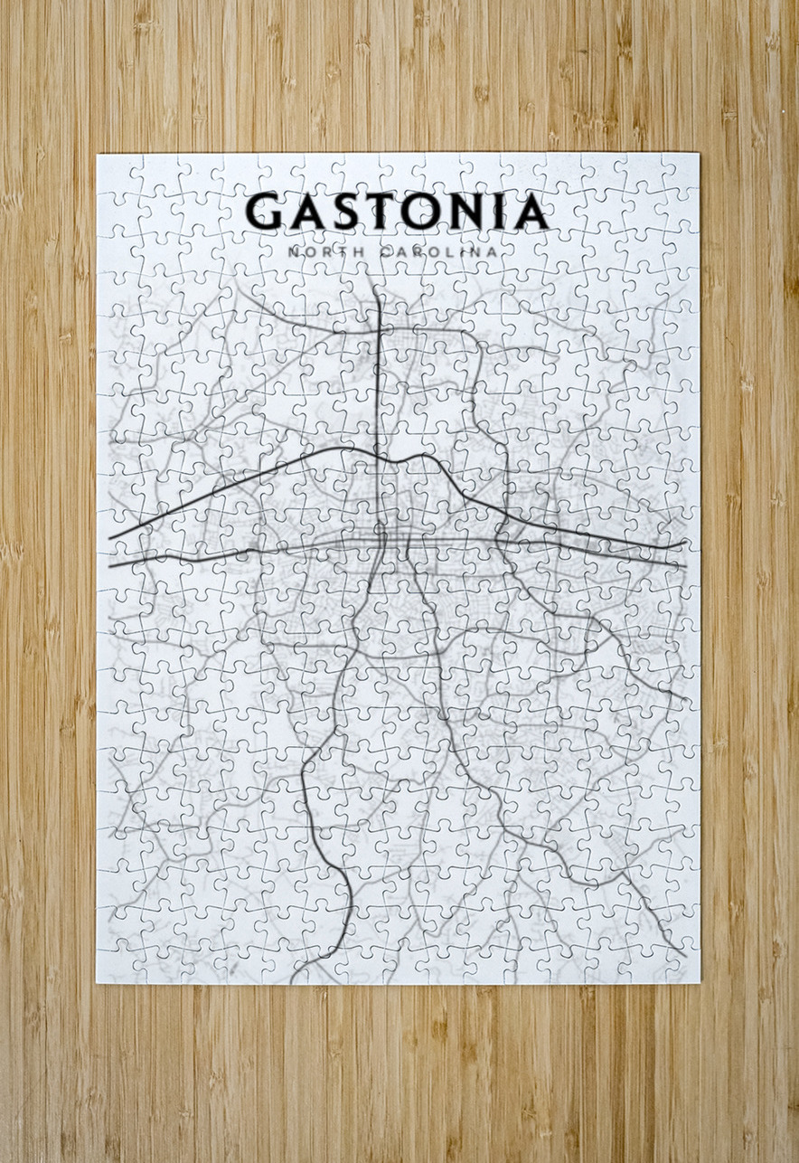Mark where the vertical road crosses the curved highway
(377, 451)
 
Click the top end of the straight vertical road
(375, 288)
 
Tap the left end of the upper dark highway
(110, 538)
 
